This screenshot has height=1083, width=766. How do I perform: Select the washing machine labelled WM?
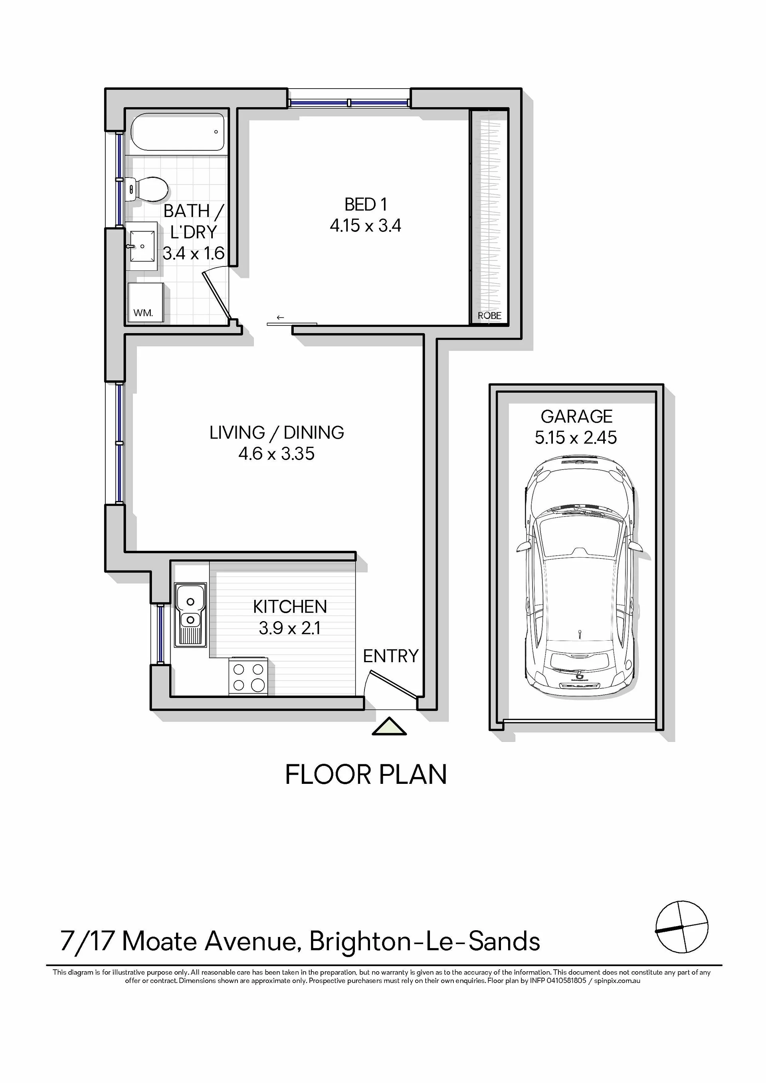coord(146,302)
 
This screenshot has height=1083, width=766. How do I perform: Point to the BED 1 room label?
coord(366,205)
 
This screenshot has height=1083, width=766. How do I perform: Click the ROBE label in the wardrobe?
coord(489,316)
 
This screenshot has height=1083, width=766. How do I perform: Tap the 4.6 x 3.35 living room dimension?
coord(277,454)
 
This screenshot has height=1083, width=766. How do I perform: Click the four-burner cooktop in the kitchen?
coord(248,677)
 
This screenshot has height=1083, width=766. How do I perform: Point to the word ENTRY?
coord(391,656)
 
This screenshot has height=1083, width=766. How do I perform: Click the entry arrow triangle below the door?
coord(389,726)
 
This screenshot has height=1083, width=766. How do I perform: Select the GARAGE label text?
coord(576,416)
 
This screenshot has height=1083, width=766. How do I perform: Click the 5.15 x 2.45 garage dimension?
coord(576,438)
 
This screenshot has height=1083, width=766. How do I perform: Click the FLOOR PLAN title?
coord(366,775)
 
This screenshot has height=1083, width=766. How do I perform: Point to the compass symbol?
coord(682,927)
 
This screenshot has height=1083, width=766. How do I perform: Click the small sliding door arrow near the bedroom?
coord(280,317)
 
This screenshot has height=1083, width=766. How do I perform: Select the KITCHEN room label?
coord(290,607)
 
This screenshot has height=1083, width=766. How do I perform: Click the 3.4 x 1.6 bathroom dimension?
coord(194,253)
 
